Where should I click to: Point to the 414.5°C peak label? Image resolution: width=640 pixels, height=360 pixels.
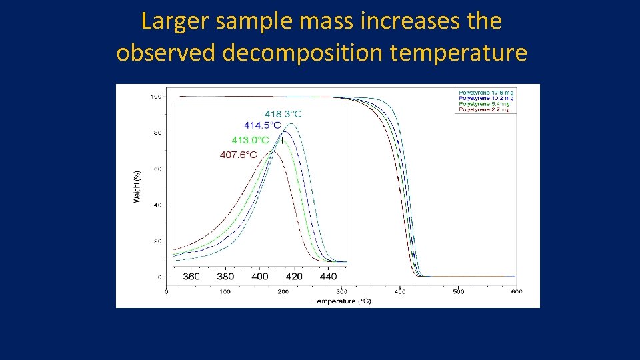coord(262,125)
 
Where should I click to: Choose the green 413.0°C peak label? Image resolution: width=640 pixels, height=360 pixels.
coord(250,140)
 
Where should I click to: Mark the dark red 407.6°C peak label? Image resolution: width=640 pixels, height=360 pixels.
coord(239,155)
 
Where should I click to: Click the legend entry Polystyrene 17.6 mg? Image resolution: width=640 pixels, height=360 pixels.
coord(486,92)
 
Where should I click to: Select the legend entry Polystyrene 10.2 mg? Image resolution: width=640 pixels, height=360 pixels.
coord(486,98)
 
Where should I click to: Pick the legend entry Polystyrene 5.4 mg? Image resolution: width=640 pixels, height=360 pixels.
coord(484,104)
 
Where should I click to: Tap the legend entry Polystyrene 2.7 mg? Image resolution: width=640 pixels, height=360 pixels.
coord(484,109)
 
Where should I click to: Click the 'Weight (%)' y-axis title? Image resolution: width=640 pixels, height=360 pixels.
coord(137,186)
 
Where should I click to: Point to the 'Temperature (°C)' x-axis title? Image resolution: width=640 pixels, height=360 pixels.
coord(341,301)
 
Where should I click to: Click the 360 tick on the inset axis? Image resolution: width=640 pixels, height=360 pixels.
coord(191,276)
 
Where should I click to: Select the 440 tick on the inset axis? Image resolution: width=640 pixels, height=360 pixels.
coord(328,276)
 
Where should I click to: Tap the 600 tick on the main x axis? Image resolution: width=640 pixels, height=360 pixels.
coord(516,291)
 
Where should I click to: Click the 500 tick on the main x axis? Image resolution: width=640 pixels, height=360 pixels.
coord(458,291)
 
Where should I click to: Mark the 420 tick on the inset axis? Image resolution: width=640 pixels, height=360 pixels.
coord(294,276)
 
